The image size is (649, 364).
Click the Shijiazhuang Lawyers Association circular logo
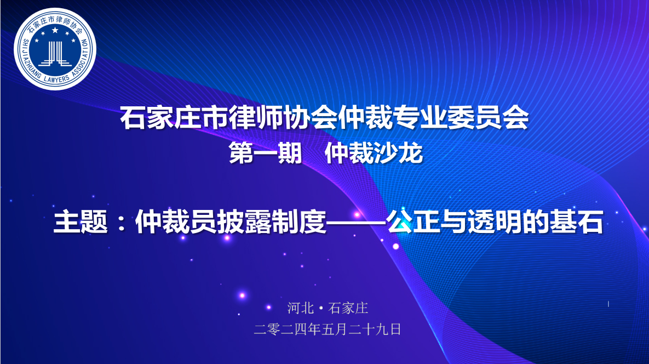coord(55,49)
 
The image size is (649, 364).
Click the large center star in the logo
coord(55,30)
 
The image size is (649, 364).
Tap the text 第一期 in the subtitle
coord(265,153)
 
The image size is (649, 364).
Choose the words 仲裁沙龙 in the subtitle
coord(374,153)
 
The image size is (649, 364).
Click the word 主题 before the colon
coord(81,222)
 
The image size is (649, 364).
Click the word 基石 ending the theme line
coord(576,222)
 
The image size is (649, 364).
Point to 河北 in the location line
coord(301,308)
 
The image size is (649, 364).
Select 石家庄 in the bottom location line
coord(348,308)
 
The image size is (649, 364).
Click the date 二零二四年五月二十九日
coord(328,329)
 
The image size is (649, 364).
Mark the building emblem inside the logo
coord(55,53)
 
